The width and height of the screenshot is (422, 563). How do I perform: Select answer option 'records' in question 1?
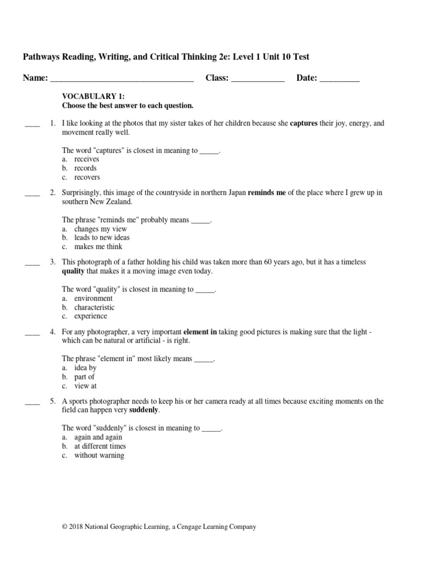point(85,168)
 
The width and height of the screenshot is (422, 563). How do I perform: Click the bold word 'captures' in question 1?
point(303,124)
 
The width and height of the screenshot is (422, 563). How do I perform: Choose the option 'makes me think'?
point(98,247)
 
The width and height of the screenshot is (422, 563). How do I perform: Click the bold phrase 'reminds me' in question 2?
point(267,193)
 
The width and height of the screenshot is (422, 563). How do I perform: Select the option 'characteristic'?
point(95,307)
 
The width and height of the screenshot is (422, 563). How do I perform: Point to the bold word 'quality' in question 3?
point(73,272)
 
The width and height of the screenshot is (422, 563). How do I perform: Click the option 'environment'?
point(93,298)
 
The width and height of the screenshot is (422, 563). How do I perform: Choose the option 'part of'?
point(85,377)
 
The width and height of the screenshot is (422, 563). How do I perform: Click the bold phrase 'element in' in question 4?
point(200,332)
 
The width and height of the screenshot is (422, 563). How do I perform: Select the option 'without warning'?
point(99,455)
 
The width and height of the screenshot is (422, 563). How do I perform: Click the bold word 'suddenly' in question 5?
point(144,410)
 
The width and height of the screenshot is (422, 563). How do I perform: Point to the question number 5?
point(52,401)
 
